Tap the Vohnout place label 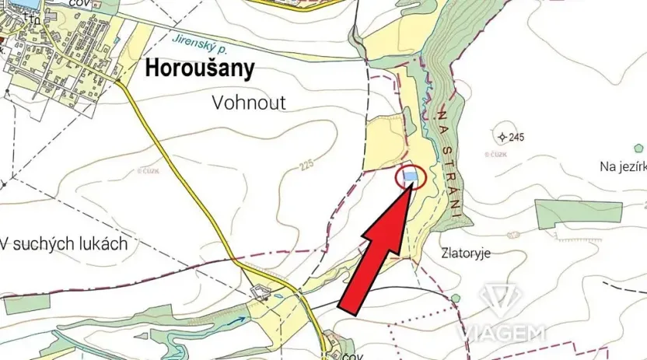pos(249,103)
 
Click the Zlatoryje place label pos(466,253)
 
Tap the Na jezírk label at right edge pos(622,166)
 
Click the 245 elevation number pos(517,138)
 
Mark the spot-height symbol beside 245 pos(502,138)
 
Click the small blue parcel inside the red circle pos(411,178)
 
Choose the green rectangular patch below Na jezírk pos(579,211)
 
